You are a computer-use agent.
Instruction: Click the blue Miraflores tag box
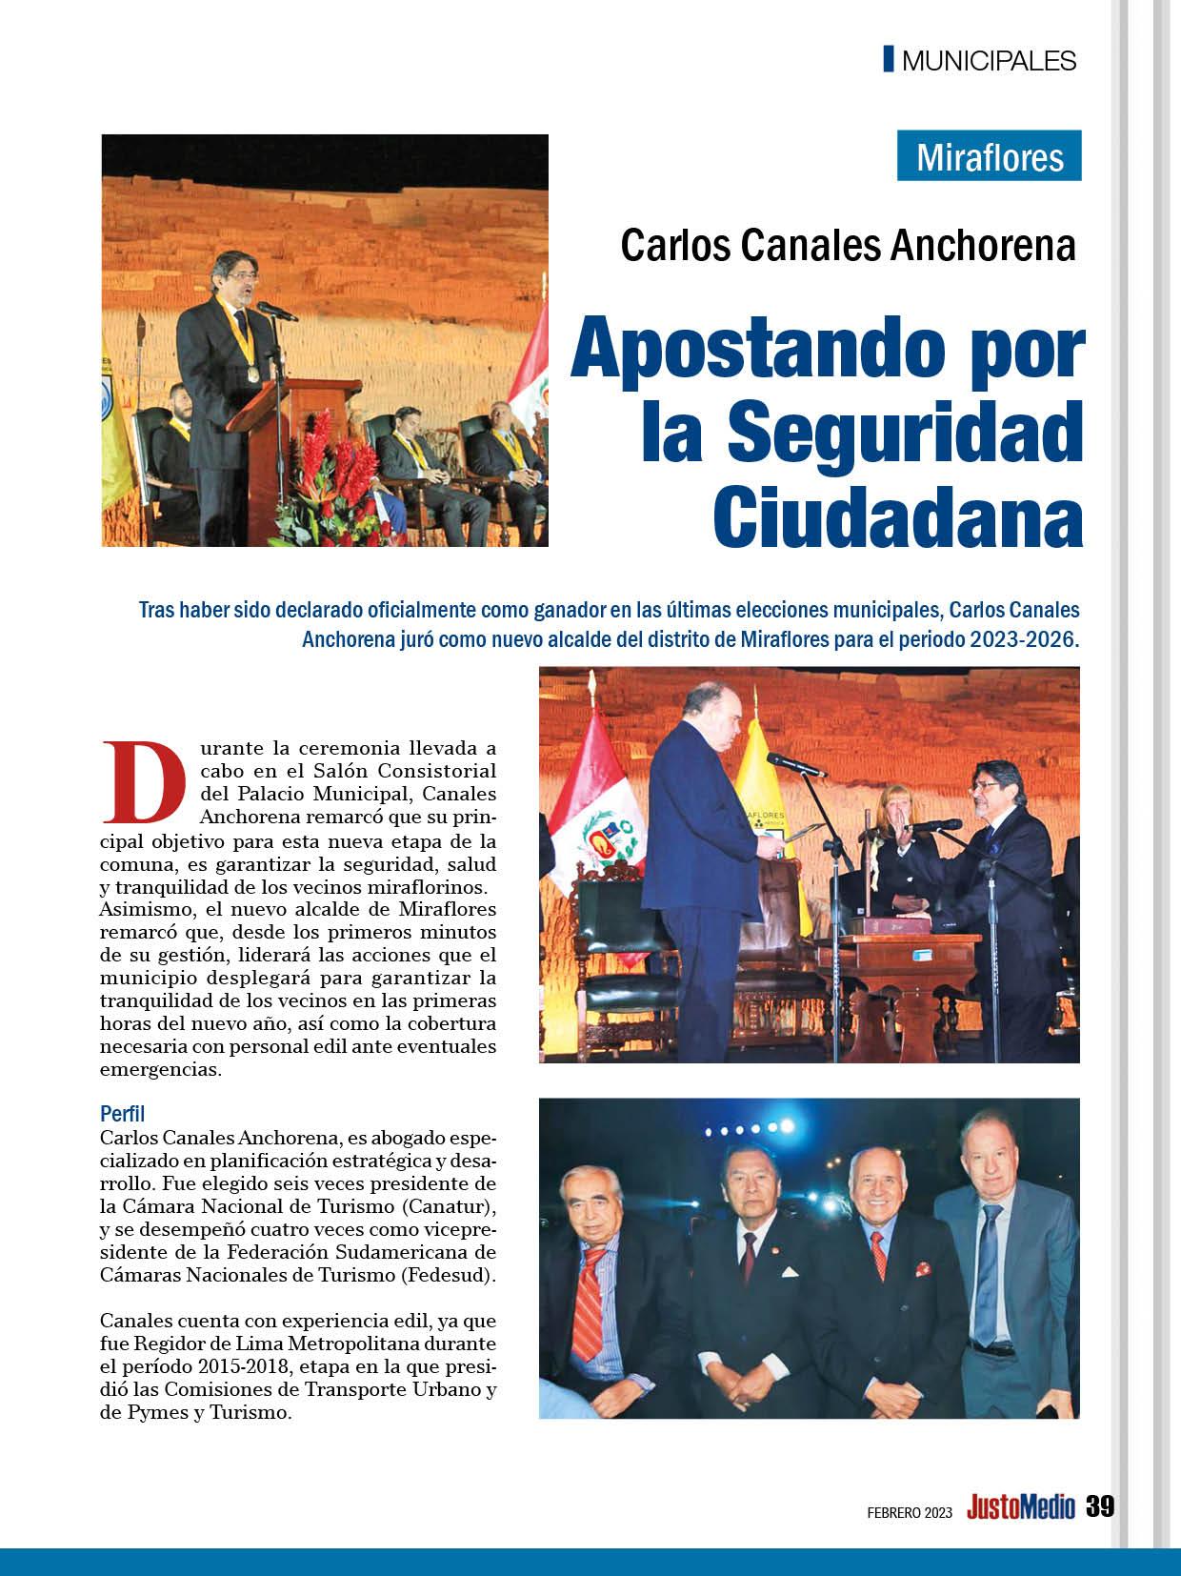coord(989,155)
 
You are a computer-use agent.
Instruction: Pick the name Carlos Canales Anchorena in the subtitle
coord(848,245)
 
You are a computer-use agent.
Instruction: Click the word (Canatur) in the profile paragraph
coord(433,1206)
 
